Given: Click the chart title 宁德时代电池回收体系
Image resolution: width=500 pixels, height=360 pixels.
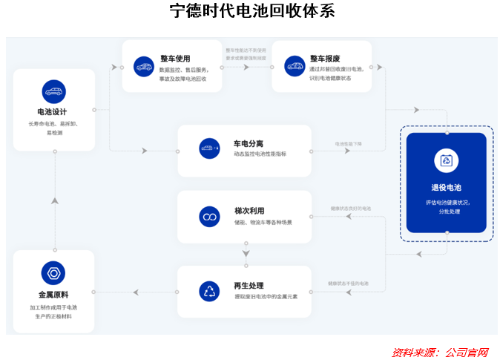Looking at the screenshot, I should pyautogui.click(x=251, y=11).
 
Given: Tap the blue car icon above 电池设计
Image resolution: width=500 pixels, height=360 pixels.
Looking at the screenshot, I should pyautogui.click(x=53, y=91).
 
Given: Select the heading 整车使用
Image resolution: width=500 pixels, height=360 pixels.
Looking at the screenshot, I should pyautogui.click(x=175, y=59).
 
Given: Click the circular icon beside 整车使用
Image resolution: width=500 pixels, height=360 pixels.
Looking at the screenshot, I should pyautogui.click(x=144, y=66).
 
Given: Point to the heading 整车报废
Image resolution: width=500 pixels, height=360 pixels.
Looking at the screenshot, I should pyautogui.click(x=325, y=59).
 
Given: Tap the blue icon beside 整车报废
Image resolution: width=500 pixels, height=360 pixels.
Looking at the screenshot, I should pyautogui.click(x=295, y=66).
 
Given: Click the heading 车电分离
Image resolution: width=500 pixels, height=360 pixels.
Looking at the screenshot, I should pyautogui.click(x=249, y=143).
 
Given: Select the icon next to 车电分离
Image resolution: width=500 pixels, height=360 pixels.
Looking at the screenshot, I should pyautogui.click(x=209, y=148).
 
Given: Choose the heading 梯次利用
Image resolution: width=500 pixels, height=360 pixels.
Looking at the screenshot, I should pyautogui.click(x=249, y=211).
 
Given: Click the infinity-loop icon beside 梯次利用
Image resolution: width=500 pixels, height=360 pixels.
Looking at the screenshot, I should pyautogui.click(x=209, y=216).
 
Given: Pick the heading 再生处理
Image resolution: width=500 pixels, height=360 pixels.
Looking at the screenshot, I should pyautogui.click(x=249, y=286).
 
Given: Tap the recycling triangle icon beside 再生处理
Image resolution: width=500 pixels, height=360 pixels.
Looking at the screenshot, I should pyautogui.click(x=209, y=291).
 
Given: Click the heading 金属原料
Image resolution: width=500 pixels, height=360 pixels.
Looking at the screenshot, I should pyautogui.click(x=53, y=295).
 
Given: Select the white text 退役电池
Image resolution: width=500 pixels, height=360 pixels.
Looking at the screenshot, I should pyautogui.click(x=446, y=187).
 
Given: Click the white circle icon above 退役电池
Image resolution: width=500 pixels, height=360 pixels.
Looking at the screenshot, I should pyautogui.click(x=446, y=160).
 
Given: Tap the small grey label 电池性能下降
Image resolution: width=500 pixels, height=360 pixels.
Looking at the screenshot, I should pyautogui.click(x=348, y=144).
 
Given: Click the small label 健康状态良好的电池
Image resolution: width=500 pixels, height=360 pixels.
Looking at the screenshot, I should pyautogui.click(x=350, y=209).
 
